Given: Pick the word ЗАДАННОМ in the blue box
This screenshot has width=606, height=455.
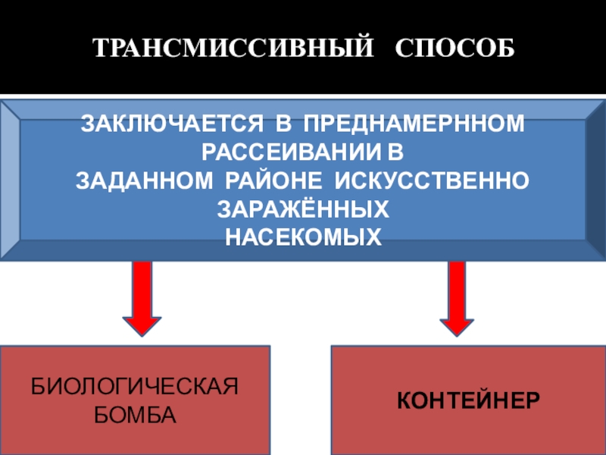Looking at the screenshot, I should pyautogui.click(x=144, y=181).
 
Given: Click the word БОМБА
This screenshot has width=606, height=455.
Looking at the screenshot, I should pyautogui.click(x=134, y=416).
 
